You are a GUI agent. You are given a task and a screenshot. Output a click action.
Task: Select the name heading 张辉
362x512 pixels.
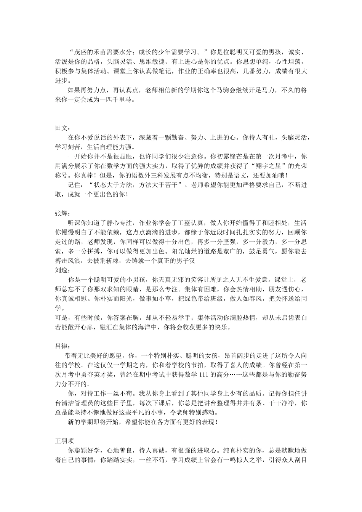[x=61, y=213]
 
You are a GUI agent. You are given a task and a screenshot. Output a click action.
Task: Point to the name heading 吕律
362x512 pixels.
[x=61, y=346]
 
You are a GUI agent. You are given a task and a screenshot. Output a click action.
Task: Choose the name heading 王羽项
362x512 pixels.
[x=64, y=441]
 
